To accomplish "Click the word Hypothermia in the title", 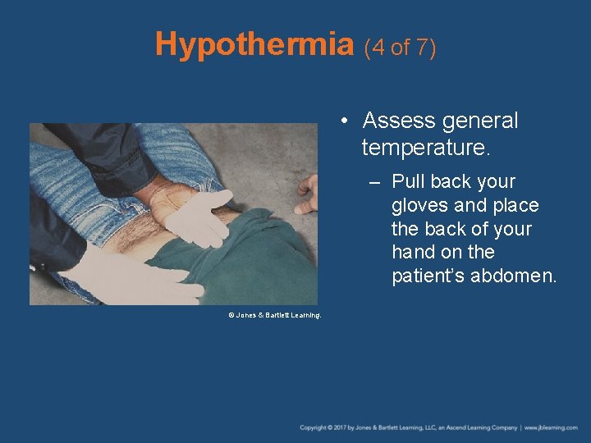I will [254, 44].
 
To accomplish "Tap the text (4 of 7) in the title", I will [399, 48].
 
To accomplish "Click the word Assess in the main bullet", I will [399, 121].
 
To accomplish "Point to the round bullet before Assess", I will [347, 121].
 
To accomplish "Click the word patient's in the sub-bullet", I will [427, 276].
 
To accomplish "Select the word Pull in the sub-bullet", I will [408, 181].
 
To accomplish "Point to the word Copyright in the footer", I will [315, 427].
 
